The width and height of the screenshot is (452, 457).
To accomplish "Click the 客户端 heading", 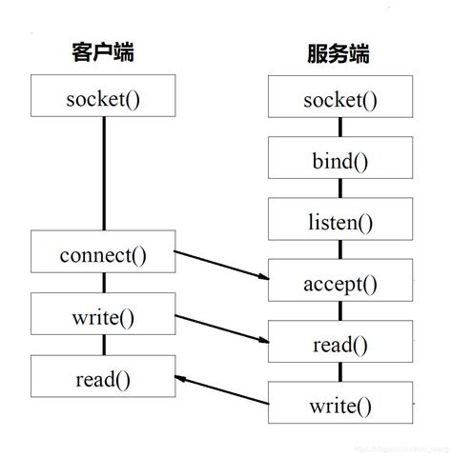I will [103, 50].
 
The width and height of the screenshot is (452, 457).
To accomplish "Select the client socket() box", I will [103, 98].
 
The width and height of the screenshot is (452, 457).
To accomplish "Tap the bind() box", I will [340, 161].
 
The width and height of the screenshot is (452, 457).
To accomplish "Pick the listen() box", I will [340, 222].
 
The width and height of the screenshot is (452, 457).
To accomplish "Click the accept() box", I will [340, 283].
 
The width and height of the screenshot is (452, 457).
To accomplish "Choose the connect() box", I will [103, 256].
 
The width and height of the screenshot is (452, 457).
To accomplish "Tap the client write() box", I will [103, 317].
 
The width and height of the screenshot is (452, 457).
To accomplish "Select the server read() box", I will [340, 345].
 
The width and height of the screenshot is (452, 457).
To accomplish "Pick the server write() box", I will [340, 406].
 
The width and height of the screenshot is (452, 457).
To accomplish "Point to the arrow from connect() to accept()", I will [221, 266].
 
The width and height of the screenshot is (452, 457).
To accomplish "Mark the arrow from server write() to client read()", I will [221, 387].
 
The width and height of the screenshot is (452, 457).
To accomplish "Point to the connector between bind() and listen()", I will [340, 191].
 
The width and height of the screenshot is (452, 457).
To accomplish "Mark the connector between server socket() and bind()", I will [340, 130].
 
